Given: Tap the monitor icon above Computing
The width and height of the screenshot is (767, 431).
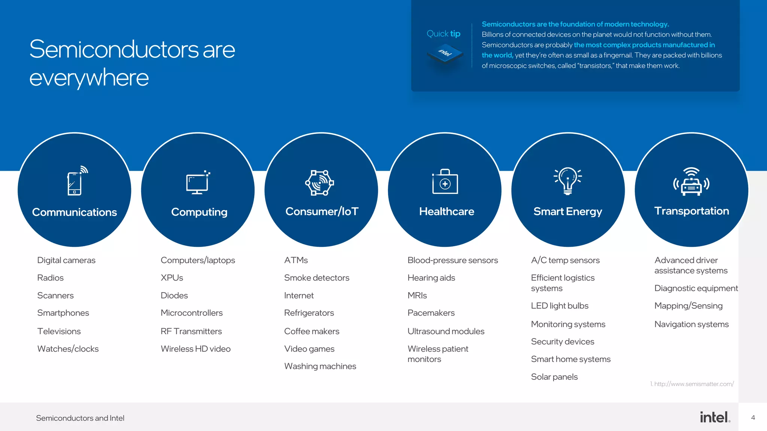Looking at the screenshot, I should tap(198, 183).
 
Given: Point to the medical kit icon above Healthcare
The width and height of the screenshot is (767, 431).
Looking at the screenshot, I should tap(445, 182).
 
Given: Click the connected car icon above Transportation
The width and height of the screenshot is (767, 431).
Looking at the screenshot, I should tap(691, 182).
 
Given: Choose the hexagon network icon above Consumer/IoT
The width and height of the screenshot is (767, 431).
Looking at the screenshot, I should tap(319, 183).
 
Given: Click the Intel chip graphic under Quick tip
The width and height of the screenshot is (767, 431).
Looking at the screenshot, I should tap(445, 54).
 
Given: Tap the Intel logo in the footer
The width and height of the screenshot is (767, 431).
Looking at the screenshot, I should tap(715, 417).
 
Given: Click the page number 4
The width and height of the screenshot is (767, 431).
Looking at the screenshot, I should tap(753, 418).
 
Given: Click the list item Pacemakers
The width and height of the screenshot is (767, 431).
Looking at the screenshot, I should tap(431, 313).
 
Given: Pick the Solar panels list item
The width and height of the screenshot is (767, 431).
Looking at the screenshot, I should tap(554, 377).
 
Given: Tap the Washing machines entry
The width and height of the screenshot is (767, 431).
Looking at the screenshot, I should tap(320, 366).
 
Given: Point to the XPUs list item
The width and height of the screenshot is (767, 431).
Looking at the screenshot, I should tap(172, 278).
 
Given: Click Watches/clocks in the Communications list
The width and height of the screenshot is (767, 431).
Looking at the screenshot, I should tap(68, 349).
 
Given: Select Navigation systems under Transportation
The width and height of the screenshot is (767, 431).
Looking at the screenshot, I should tap(691, 324).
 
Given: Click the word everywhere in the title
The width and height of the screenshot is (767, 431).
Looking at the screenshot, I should tap(89, 78).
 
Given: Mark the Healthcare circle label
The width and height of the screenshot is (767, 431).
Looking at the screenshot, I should tap(446, 212).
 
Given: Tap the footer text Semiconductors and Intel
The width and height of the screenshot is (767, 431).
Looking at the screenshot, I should tap(80, 418).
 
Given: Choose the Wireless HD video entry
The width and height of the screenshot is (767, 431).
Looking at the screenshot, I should tap(195, 349).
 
